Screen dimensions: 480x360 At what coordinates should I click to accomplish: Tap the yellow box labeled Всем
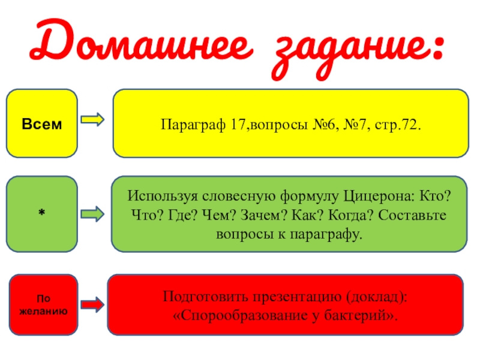point(41,124)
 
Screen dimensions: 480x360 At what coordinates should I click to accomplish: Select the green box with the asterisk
point(41,214)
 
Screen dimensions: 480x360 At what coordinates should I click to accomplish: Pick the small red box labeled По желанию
point(42,304)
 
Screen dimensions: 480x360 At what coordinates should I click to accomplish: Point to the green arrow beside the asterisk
point(93,213)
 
